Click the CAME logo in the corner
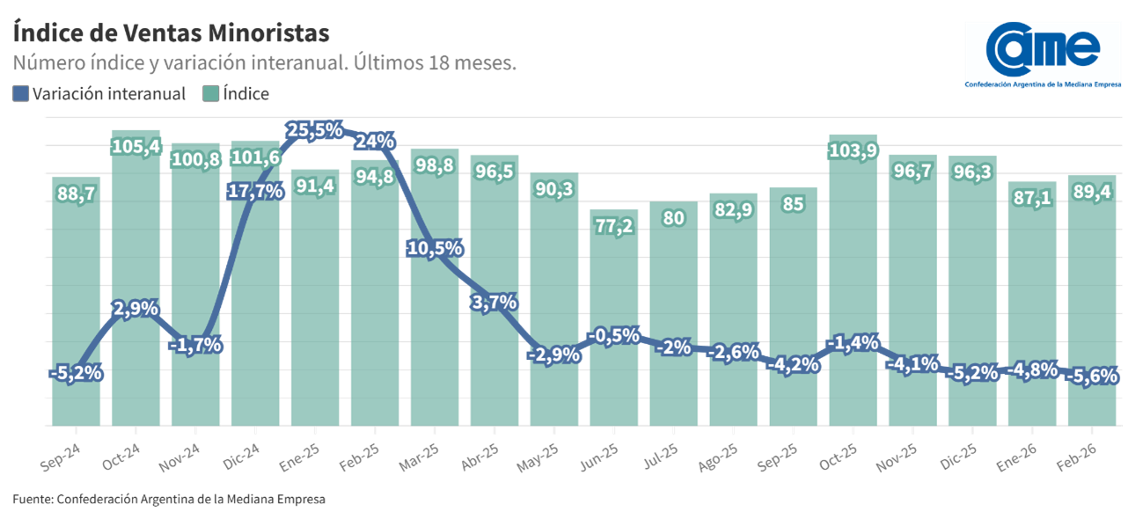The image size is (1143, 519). click(x=1043, y=55)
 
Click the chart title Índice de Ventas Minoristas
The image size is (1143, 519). click(x=172, y=33)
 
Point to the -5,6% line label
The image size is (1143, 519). click(x=1092, y=376)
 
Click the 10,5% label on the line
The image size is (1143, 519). click(x=435, y=248)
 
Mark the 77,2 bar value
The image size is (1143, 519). click(x=614, y=224)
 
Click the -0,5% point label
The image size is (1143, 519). click(x=614, y=335)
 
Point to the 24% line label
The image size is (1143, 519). click(x=376, y=142)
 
